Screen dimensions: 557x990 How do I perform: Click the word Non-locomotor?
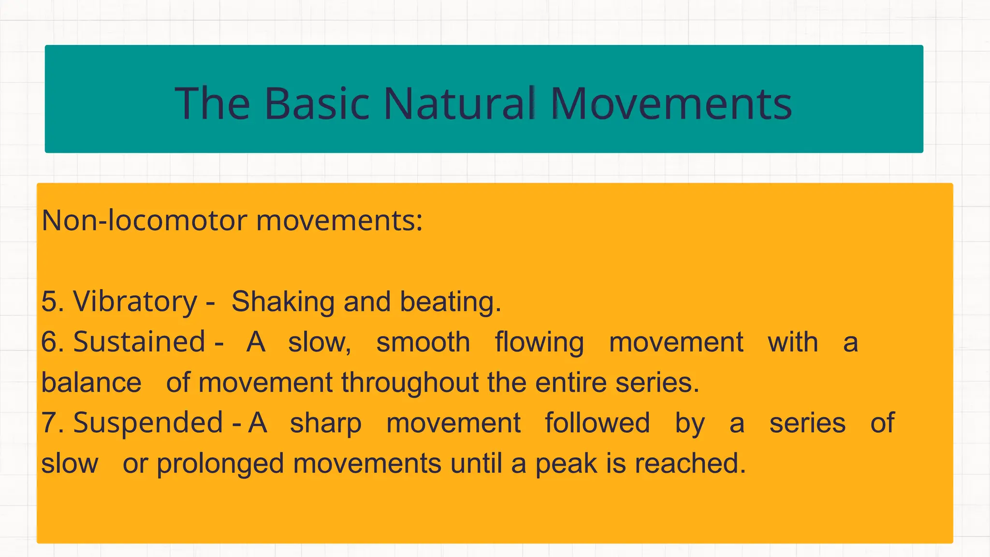point(145,220)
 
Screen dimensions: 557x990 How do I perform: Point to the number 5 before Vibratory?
point(50,302)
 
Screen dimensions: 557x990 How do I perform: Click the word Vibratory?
point(135,302)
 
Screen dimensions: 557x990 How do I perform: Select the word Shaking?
point(283,302)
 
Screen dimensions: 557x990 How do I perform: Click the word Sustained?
point(139,342)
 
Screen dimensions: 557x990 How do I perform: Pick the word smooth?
point(423,342)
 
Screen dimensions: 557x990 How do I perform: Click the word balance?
point(91,382)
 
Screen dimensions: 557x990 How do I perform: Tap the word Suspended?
point(148,423)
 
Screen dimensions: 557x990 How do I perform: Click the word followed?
point(597,423)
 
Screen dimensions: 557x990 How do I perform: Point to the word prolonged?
point(220,464)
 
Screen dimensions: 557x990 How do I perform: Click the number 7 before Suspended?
point(50,423)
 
